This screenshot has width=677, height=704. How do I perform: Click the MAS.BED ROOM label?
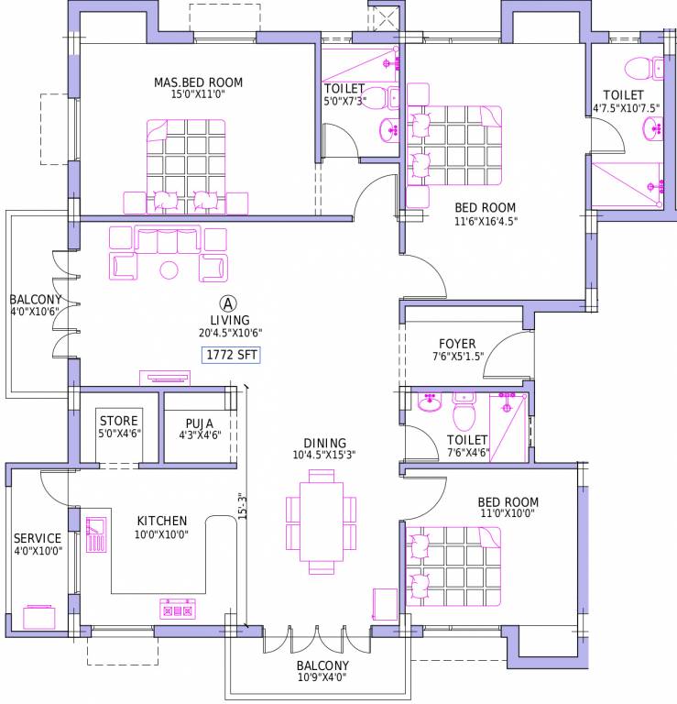(x=198, y=83)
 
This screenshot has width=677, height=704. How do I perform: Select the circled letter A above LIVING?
(x=228, y=302)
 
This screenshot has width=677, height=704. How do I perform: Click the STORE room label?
(x=119, y=422)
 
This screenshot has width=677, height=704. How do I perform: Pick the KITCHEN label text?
(x=162, y=521)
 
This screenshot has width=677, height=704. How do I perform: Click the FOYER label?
(x=457, y=344)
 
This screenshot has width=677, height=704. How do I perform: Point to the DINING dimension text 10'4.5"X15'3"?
(x=323, y=455)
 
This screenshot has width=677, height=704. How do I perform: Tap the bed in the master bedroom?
(x=185, y=165)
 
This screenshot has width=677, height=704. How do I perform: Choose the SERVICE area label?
(x=38, y=539)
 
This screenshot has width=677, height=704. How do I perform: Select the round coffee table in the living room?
(x=169, y=269)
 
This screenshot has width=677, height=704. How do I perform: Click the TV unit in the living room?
(x=164, y=377)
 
